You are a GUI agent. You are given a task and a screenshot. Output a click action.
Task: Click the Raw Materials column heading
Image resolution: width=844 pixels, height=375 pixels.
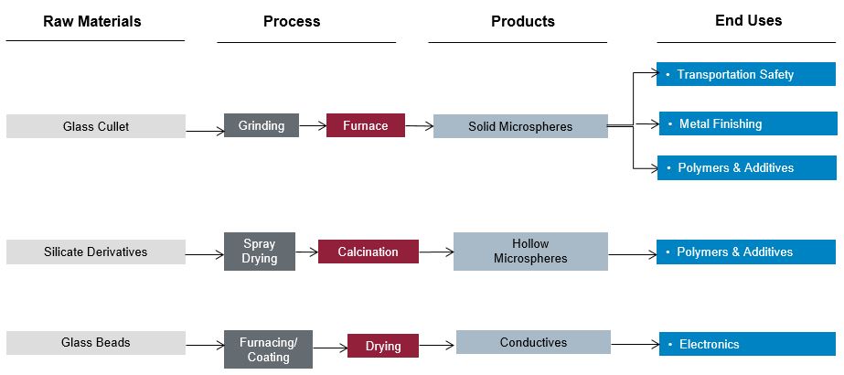[x=92, y=21]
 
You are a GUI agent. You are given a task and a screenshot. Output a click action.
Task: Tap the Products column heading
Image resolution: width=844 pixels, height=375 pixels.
[x=522, y=21]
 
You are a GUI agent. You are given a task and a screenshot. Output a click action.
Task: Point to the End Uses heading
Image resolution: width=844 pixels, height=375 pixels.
[x=748, y=20]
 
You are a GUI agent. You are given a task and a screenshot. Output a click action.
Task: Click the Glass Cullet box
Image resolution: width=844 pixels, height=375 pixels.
[x=96, y=126]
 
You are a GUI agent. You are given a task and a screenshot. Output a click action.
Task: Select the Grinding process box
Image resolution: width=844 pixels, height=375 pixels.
[x=262, y=125]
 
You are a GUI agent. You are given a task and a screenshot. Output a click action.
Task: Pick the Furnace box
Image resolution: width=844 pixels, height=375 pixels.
[x=366, y=125]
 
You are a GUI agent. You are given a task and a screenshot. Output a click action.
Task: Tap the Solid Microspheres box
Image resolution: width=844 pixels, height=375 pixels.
[x=520, y=126]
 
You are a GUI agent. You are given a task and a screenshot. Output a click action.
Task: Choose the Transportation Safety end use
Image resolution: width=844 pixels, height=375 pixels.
[x=746, y=74]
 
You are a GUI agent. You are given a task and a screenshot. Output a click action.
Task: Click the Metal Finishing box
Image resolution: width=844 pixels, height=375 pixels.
[x=746, y=123]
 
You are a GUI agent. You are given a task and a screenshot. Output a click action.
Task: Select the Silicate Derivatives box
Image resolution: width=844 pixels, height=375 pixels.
[x=96, y=252]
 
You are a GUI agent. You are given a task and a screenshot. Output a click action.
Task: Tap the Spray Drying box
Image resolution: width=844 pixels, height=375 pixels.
[x=260, y=252]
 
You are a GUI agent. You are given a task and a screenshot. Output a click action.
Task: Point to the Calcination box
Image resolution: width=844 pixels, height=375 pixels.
[x=368, y=252]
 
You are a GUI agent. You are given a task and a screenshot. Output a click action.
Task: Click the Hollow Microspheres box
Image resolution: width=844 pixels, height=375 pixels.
[x=530, y=252]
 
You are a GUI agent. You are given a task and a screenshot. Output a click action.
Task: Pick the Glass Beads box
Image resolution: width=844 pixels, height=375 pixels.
[x=96, y=343]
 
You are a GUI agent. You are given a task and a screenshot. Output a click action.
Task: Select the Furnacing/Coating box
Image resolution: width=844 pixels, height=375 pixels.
[x=268, y=350]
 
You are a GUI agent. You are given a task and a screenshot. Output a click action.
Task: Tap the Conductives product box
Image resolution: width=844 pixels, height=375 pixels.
[x=533, y=343]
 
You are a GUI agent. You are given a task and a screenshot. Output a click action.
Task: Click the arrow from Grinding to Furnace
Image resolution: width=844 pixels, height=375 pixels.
[x=313, y=125]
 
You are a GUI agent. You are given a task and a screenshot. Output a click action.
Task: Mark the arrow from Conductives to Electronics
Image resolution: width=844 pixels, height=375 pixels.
[x=635, y=345]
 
